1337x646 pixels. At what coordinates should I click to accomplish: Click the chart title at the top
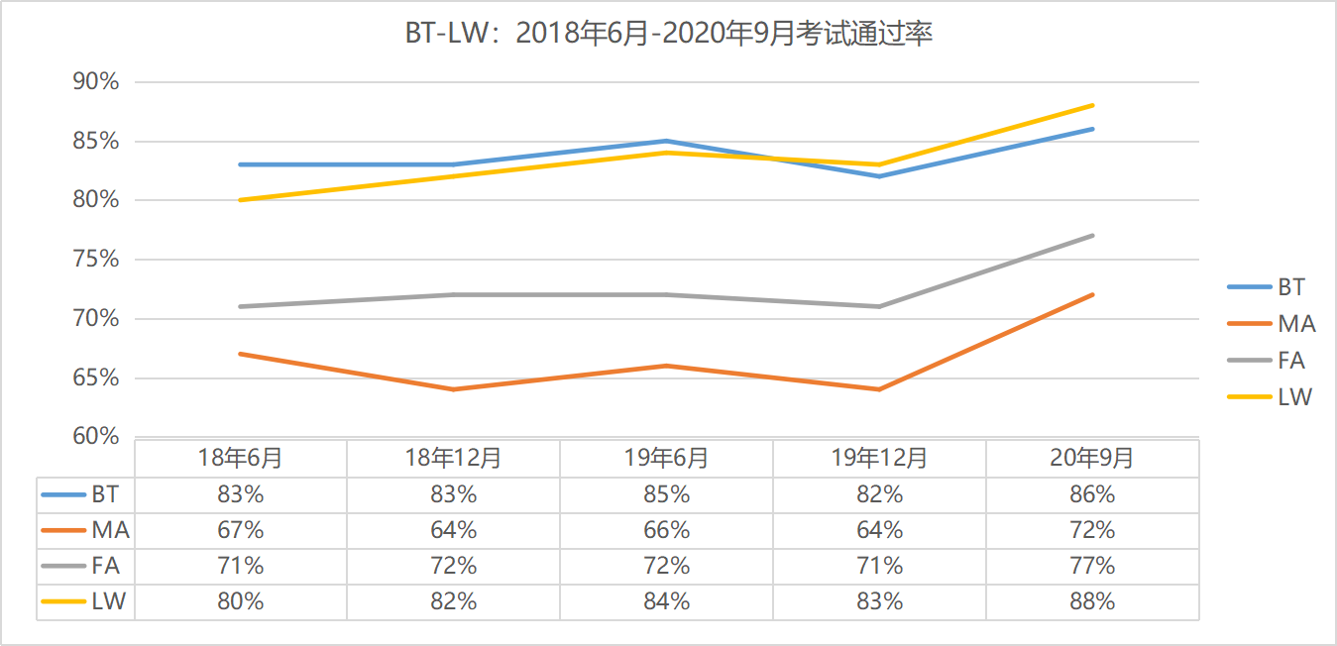tap(669, 34)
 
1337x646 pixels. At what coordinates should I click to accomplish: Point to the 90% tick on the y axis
tap(96, 82)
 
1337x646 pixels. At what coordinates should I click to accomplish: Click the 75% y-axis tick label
tap(96, 260)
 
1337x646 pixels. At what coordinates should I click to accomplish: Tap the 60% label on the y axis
tap(96, 437)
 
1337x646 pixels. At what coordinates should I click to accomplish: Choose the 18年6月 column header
tap(240, 458)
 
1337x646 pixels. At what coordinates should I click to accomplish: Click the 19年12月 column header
tap(879, 458)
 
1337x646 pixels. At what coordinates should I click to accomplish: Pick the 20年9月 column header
tap(1092, 458)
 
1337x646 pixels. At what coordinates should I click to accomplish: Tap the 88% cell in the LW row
tap(1092, 601)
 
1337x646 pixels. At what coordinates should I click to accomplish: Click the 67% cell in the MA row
tap(240, 530)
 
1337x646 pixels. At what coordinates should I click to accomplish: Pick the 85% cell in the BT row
tap(666, 494)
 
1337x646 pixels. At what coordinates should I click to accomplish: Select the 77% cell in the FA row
tap(1092, 566)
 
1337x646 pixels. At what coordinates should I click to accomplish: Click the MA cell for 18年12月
tap(453, 530)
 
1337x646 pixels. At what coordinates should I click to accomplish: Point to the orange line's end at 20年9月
tap(1092, 294)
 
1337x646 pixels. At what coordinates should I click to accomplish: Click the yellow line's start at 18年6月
tap(240, 200)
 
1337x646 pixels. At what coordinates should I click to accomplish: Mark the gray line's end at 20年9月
tap(1092, 236)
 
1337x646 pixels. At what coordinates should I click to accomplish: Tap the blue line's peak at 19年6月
tap(666, 141)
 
